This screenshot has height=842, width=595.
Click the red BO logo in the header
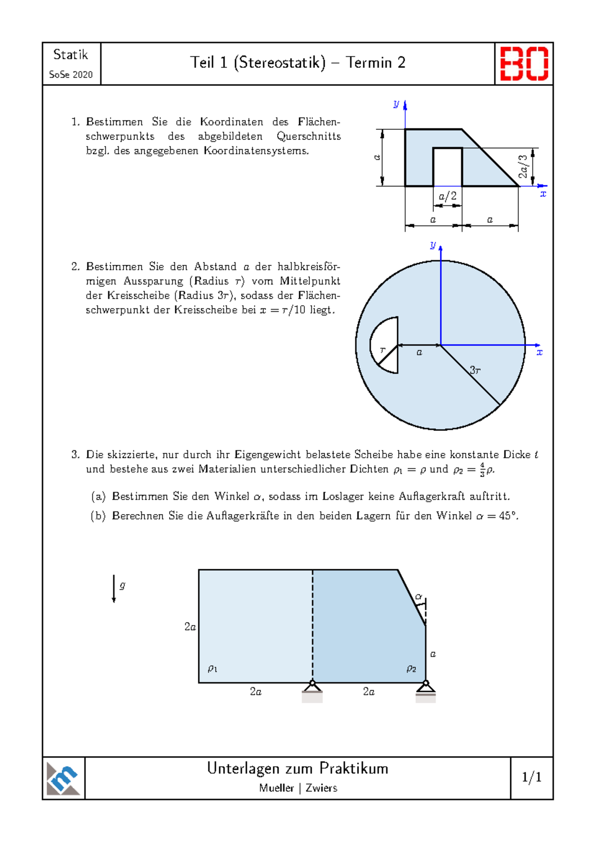(x=524, y=63)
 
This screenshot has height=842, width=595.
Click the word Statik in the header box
(x=70, y=55)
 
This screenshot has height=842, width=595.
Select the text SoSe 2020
(x=71, y=75)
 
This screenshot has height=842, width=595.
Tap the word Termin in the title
(x=368, y=62)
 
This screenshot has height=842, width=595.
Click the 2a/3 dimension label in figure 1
(x=523, y=167)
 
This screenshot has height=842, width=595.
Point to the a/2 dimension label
(x=447, y=196)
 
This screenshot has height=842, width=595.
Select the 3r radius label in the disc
(x=475, y=370)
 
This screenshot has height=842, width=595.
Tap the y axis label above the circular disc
(x=433, y=245)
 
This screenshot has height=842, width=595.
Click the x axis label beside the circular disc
(x=539, y=353)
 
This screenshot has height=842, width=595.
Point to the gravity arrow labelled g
(x=114, y=588)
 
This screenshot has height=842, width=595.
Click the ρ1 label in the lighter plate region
(x=212, y=668)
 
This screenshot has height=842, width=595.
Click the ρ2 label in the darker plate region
(x=411, y=668)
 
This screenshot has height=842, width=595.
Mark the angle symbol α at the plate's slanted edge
(x=418, y=597)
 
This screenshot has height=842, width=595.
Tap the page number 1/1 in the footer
(x=532, y=777)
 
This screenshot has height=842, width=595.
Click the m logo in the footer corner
(x=63, y=778)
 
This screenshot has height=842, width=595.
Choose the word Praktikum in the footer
(x=354, y=769)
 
